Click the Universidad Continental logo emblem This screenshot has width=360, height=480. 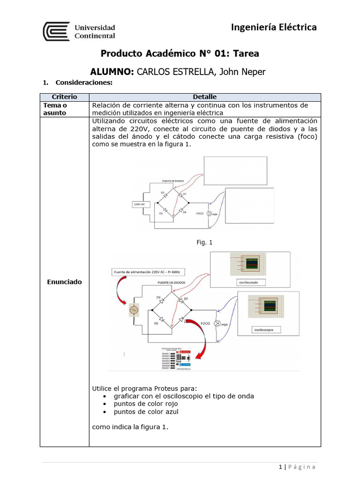coord(56,31)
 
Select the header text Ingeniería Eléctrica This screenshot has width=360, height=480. coord(274,27)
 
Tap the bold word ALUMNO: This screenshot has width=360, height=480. coord(112,72)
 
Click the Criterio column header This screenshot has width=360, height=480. coord(64,97)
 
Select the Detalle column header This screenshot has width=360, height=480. coord(204,97)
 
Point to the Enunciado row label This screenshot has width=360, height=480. coord(64,282)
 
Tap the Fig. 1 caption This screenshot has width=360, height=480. coord(204,242)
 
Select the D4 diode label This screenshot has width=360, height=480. coord(184,212)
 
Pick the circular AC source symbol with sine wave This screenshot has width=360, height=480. coord(133,310)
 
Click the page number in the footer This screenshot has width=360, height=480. coord(280,467)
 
